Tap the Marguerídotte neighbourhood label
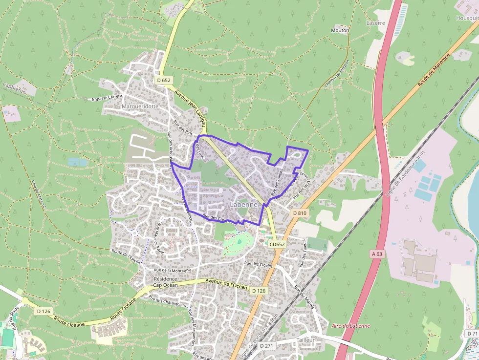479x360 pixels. point(140,106)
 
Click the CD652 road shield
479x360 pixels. point(277,244)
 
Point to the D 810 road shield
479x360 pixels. point(300,213)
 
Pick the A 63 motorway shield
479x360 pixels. point(376,254)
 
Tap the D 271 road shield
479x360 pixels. point(266,346)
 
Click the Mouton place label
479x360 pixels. point(340,30)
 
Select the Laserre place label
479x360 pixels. point(375,23)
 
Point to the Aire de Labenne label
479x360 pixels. point(350,326)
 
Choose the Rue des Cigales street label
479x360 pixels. point(258,264)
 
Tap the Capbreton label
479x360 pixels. point(13,88)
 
